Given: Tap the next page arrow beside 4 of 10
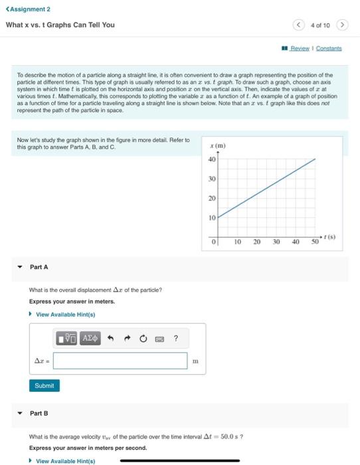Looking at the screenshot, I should (342, 25).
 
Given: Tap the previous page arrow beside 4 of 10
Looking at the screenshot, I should (300, 25).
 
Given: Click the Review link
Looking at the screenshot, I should (300, 48).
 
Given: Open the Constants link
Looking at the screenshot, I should (329, 48).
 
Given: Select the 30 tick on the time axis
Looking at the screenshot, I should (276, 242).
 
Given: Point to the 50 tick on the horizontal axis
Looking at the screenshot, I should (315, 242).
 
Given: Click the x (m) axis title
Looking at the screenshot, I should (217, 146).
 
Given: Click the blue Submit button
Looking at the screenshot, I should (44, 385).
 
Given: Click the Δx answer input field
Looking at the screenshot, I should (120, 361).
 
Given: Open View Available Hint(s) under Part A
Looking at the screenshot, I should (65, 314).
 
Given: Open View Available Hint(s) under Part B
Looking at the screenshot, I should (65, 460).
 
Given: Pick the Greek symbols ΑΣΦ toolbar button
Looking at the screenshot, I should (90, 339).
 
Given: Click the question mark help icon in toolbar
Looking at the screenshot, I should (175, 339).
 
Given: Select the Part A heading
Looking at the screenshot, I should (39, 267).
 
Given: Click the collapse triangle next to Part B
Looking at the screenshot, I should (19, 413).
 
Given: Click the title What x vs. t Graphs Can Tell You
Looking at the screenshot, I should (60, 25).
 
